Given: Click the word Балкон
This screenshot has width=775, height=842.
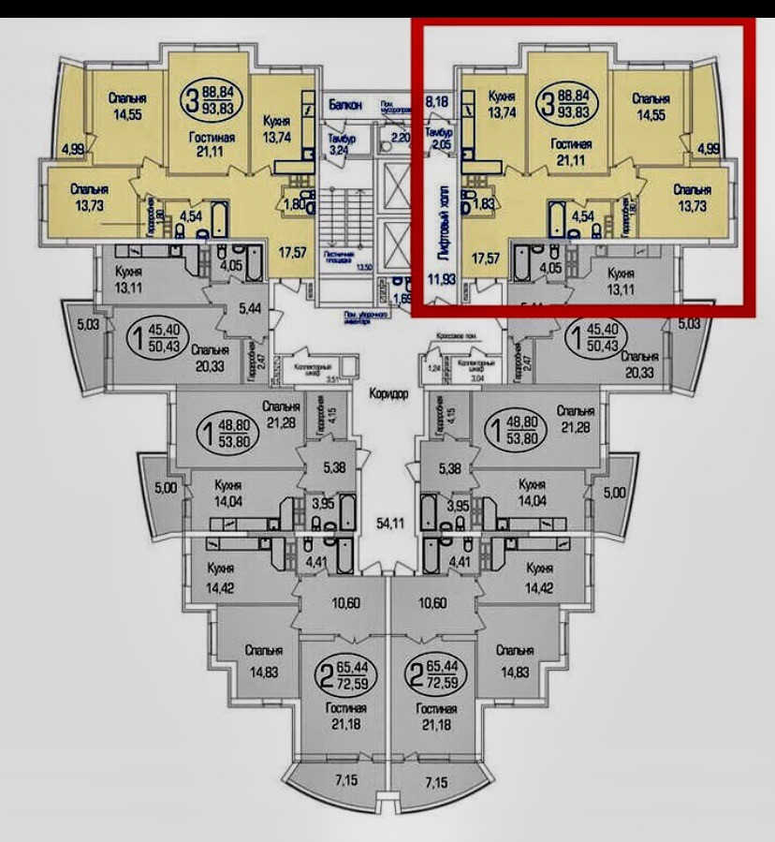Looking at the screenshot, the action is [346, 105].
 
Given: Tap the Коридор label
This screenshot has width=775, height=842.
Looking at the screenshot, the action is [389, 394].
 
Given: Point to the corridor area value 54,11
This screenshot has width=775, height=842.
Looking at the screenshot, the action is [387, 523].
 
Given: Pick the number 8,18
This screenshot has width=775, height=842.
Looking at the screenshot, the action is [437, 100].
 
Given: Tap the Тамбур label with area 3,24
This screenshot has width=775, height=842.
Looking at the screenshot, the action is [338, 142].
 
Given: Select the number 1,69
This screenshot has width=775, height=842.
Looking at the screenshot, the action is [403, 300].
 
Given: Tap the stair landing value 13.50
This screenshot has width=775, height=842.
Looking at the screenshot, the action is [365, 267].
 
